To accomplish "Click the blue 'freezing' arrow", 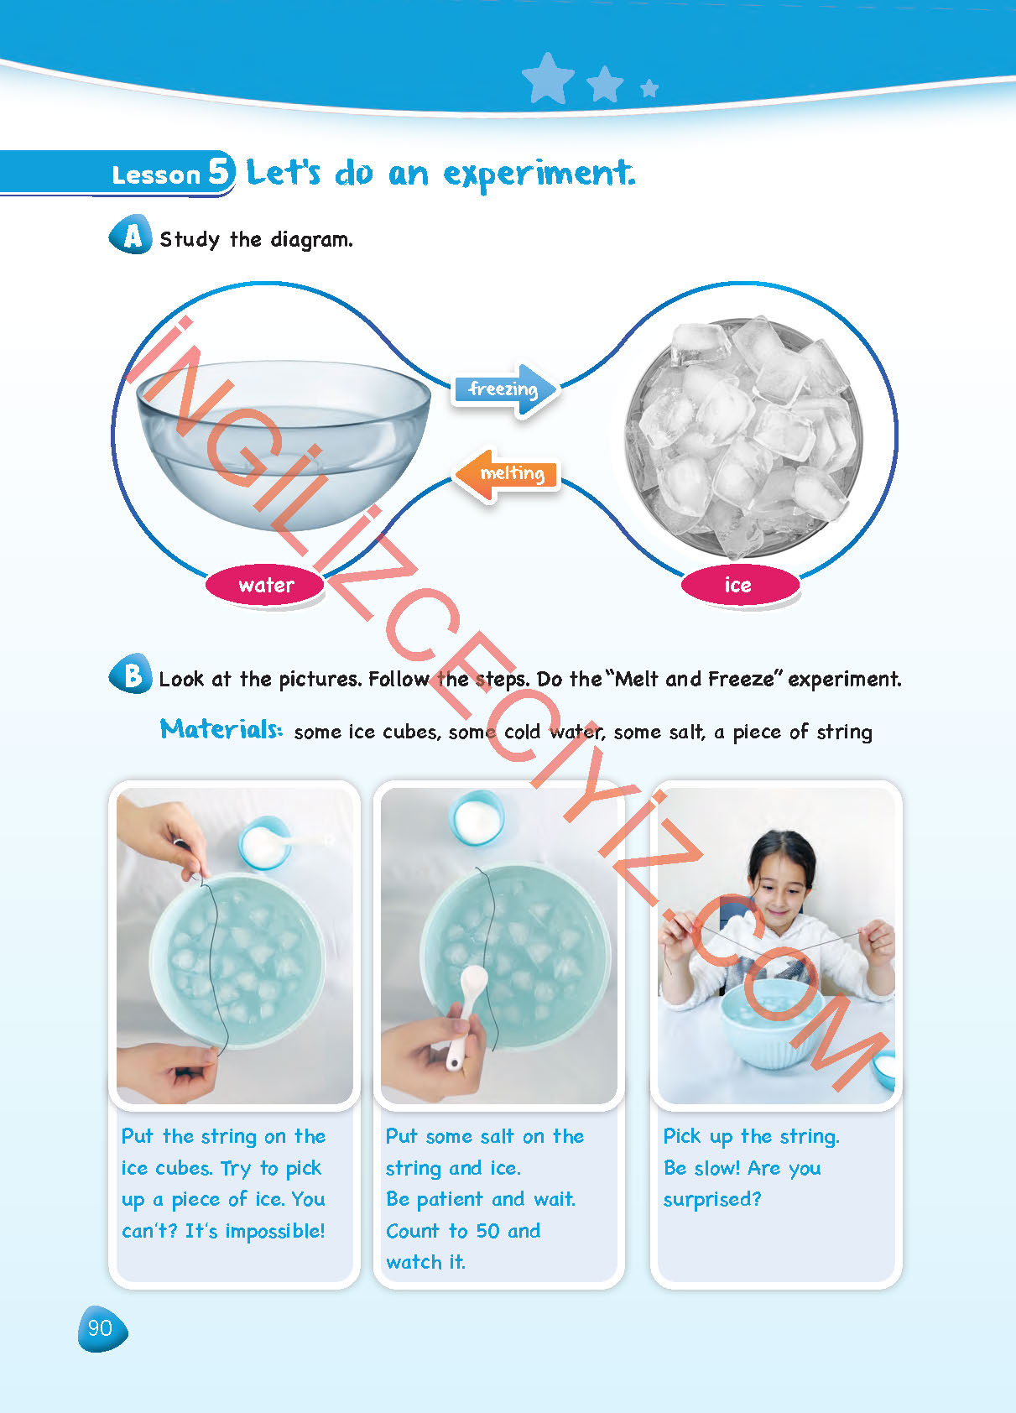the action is (505, 389).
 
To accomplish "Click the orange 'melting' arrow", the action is (507, 474).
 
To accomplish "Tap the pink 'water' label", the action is (265, 585).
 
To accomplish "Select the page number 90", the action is (101, 1328).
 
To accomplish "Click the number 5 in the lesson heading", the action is (220, 170).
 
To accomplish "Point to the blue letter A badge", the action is (131, 235).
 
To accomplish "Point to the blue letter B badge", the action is (131, 675).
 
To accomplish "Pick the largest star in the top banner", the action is (548, 78).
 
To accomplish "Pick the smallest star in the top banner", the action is (649, 88).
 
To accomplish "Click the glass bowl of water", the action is (284, 441).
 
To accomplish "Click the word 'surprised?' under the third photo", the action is (712, 1200).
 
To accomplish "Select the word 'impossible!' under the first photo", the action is (275, 1231).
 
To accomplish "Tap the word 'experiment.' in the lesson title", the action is (539, 174).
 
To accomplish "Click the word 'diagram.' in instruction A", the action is (311, 240).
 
